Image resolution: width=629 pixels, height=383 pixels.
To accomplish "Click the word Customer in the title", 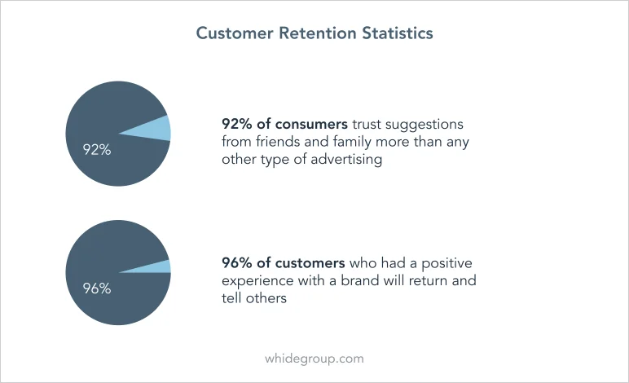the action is (235, 33).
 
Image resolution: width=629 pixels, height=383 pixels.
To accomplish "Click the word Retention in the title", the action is (318, 33).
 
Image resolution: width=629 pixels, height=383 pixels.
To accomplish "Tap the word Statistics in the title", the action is (398, 33).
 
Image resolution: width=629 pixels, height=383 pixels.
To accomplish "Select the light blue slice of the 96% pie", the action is (152, 267).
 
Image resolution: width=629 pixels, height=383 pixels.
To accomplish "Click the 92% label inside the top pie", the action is (97, 150).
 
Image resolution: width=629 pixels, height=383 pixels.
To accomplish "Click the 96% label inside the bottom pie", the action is (97, 288).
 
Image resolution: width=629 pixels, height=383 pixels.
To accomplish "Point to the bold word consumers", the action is (311, 124).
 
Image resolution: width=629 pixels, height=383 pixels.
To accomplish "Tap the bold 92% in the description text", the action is (237, 124).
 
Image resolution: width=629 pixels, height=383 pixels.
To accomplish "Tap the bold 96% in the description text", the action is (237, 263).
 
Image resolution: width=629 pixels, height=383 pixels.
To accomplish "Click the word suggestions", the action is (424, 125).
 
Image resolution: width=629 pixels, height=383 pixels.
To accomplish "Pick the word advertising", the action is (346, 160).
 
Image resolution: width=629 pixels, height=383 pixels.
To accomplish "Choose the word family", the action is (352, 143).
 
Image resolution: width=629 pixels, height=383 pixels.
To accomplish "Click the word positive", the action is (446, 264).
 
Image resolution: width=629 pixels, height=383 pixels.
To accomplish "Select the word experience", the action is (257, 281).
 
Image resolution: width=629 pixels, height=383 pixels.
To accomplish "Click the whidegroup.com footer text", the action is (314, 359).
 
